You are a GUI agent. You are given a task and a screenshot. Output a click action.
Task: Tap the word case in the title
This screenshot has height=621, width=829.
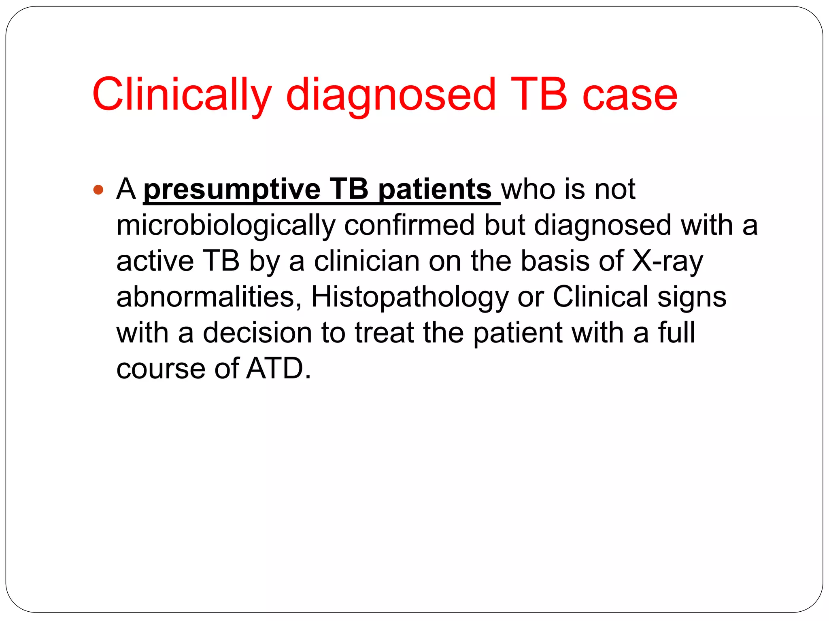coord(630,95)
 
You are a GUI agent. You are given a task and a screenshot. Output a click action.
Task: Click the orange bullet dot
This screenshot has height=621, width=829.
coord(98,189)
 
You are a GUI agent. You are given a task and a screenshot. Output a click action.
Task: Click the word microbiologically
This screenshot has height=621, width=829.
coord(225,225)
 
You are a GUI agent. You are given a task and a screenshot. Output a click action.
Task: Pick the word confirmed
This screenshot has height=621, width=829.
coord(409,225)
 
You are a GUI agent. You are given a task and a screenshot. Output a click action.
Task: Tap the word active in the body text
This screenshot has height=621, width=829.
coord(155,261)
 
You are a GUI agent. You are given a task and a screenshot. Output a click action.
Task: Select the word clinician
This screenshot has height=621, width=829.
coord(367,261)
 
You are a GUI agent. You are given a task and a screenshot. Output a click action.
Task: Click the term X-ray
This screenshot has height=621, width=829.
coord(667,261)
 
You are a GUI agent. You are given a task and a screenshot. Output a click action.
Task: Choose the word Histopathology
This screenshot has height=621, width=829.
coord(409,297)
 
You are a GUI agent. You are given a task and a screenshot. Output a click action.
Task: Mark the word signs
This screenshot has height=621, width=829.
coord(692,297)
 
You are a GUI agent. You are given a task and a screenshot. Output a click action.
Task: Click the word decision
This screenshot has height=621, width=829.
coord(257,333)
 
